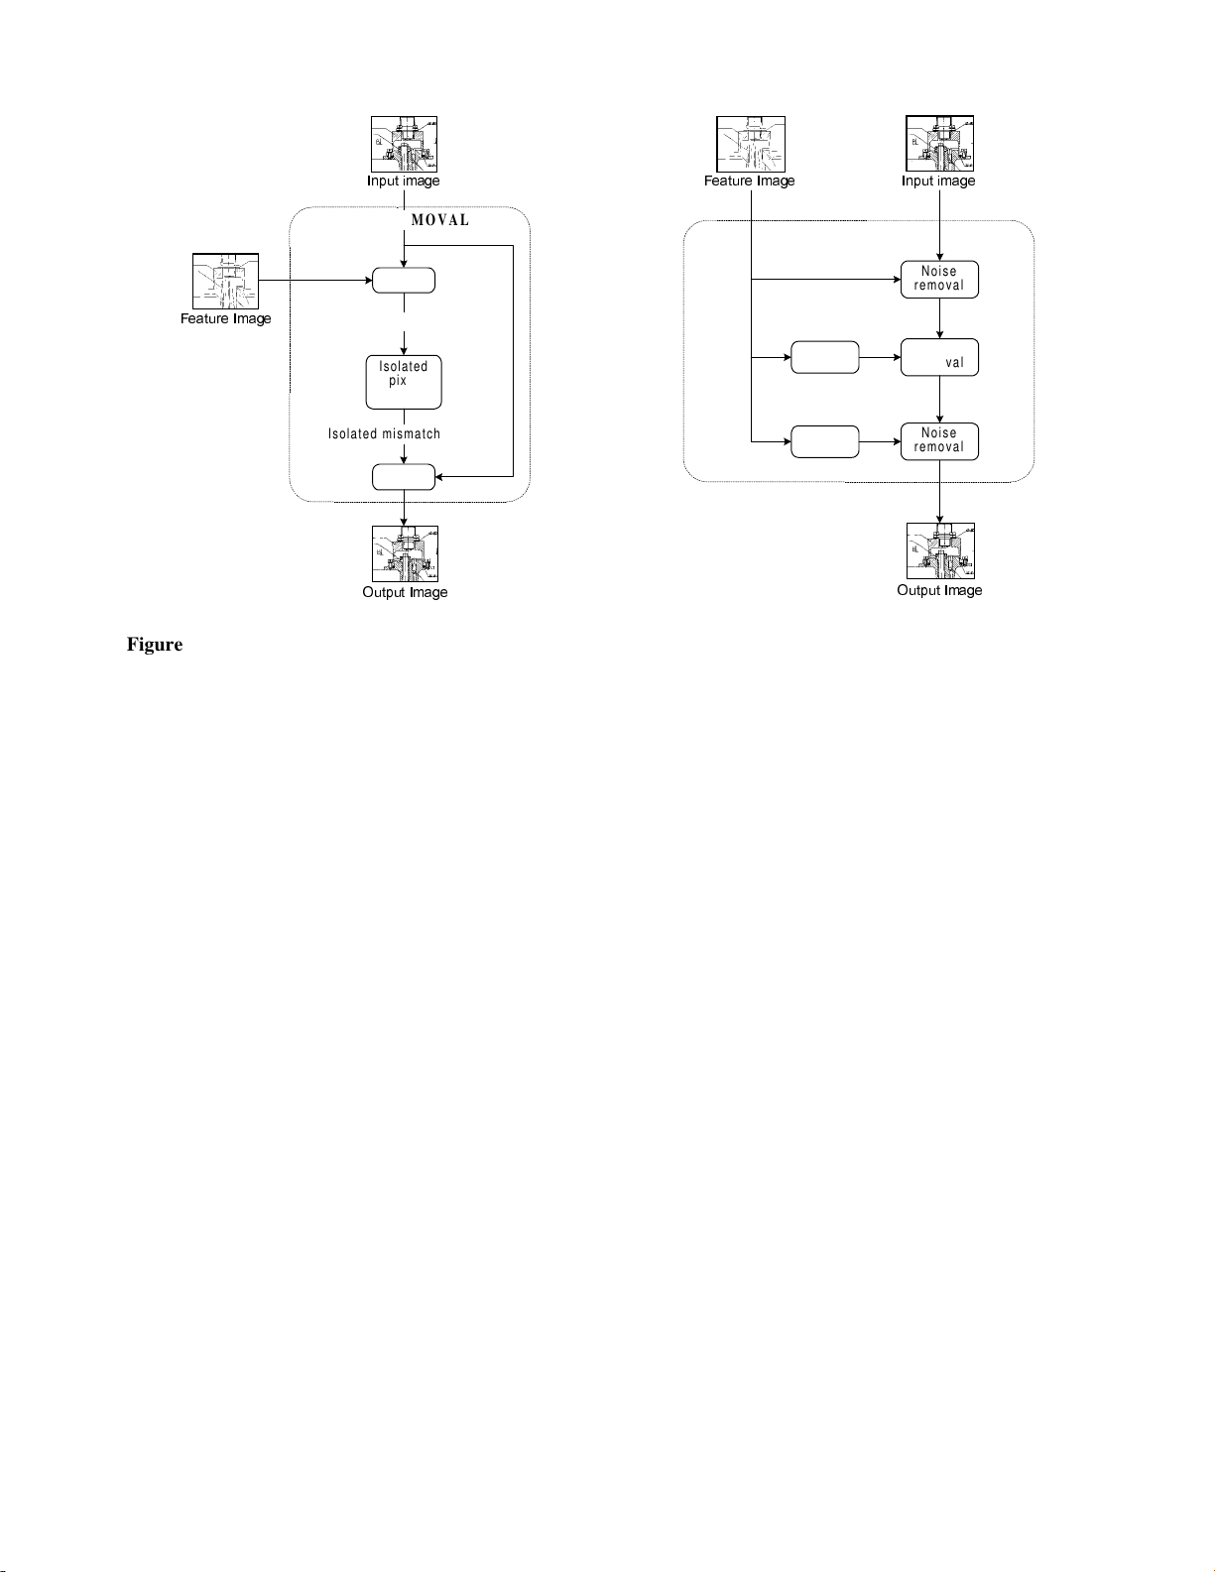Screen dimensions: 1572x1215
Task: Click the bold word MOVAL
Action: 440,220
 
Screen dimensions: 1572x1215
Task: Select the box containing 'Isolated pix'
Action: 404,382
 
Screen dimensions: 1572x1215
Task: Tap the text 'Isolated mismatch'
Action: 384,433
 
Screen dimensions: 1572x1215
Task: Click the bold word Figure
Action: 155,645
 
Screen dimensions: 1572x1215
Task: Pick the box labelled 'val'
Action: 939,358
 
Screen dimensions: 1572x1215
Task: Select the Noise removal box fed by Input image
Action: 939,279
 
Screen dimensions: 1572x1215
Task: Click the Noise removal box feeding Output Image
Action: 939,440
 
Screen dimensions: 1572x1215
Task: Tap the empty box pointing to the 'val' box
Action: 825,358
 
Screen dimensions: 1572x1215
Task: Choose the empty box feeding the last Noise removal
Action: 825,441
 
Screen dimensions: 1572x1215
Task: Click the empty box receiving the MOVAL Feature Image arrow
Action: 404,281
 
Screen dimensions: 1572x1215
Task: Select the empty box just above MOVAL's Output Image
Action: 404,477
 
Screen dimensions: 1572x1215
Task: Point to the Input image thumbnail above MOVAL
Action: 405,145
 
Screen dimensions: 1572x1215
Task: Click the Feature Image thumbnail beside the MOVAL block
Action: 225,282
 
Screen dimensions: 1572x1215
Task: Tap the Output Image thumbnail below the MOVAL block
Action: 405,554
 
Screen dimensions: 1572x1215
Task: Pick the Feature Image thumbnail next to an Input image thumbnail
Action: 751,145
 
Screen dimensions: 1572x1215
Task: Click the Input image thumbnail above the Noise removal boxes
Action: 939,145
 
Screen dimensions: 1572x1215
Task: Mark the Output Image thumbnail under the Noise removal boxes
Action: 940,551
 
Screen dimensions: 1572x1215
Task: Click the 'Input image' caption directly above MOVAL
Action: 403,181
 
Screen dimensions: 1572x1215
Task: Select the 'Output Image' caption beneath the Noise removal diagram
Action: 939,590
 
